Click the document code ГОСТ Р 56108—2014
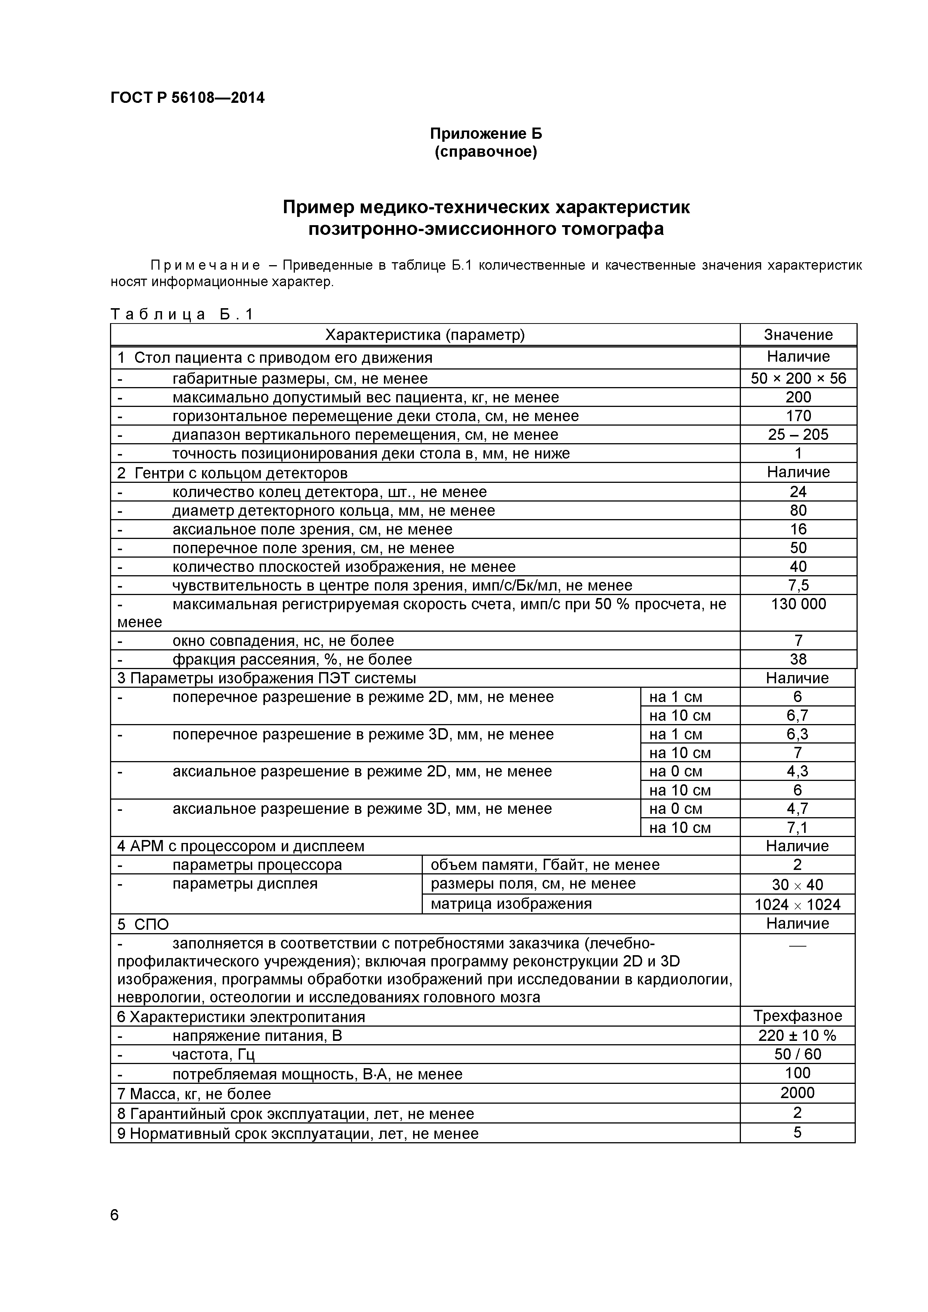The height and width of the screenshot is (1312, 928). click(x=187, y=98)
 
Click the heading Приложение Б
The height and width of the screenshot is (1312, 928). click(x=485, y=134)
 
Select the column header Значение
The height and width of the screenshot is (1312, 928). click(x=798, y=335)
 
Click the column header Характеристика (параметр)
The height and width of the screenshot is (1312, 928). click(x=425, y=335)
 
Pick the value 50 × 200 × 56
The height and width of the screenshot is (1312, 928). click(x=798, y=378)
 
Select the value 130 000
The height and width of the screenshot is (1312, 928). click(x=798, y=604)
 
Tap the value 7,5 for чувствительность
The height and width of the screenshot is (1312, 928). click(x=798, y=585)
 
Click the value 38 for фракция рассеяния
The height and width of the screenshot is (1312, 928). click(x=798, y=659)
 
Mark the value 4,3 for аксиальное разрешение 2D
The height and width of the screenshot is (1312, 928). click(x=797, y=772)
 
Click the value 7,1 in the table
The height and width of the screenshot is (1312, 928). click(x=797, y=827)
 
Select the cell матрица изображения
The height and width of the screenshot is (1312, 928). click(x=511, y=904)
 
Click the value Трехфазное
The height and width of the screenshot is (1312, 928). click(x=797, y=1016)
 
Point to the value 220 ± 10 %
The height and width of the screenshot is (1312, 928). click(x=797, y=1036)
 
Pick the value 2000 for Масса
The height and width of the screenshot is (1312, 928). click(x=797, y=1092)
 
